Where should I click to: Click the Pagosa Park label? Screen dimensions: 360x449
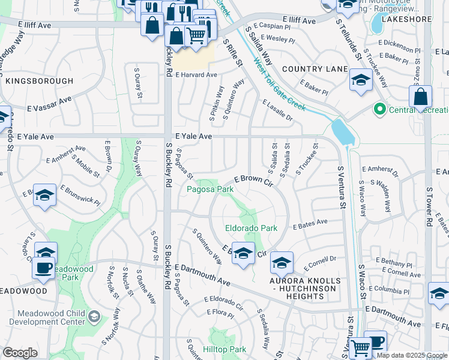(x=209, y=189)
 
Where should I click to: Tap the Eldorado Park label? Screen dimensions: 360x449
(x=251, y=228)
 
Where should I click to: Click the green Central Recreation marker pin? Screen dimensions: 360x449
(x=379, y=109)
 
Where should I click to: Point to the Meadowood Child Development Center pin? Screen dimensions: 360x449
(x=94, y=316)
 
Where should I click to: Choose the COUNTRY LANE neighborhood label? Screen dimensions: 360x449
(x=315, y=70)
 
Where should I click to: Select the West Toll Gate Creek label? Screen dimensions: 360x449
(x=279, y=83)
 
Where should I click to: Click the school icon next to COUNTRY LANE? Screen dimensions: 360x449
(x=360, y=80)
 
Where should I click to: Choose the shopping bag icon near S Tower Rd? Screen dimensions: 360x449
(x=421, y=97)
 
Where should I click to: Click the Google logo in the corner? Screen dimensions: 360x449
(x=20, y=353)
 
